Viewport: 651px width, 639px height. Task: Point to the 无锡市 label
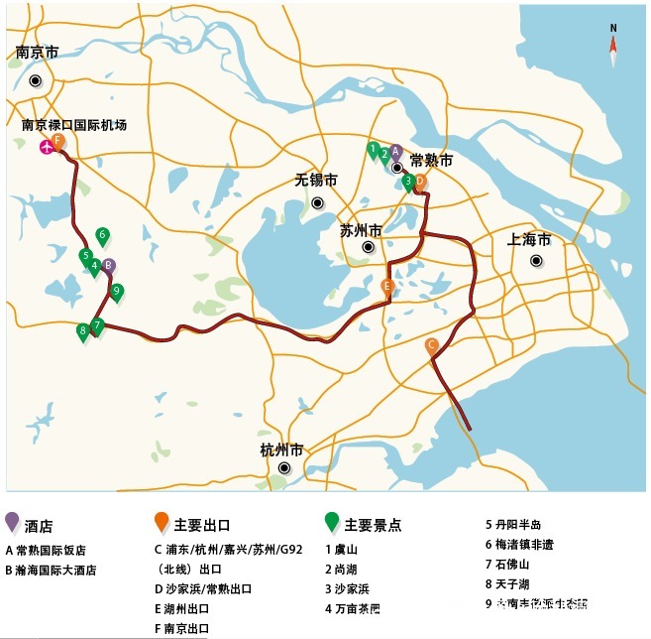click(316, 181)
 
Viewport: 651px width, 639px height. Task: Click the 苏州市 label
click(361, 230)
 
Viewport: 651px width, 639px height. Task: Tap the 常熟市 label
click(431, 160)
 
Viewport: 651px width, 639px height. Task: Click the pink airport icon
click(46, 148)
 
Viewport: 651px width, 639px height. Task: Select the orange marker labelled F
click(58, 142)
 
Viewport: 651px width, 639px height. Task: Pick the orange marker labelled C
click(431, 346)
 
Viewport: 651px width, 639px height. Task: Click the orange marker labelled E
click(388, 287)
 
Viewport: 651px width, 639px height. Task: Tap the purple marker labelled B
click(109, 266)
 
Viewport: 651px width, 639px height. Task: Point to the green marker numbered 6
click(102, 236)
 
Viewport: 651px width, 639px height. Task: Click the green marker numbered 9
click(117, 292)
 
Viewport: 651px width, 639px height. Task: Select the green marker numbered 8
click(82, 331)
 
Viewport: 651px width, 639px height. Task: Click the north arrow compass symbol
click(613, 45)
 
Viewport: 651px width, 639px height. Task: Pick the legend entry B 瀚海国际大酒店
click(59, 571)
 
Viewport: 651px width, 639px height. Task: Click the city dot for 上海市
click(536, 262)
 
